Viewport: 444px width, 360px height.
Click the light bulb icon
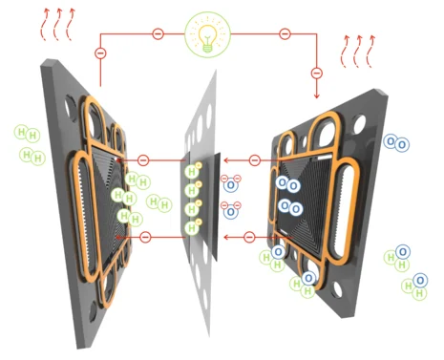tap(207, 35)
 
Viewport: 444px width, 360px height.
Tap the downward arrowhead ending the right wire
tap(316, 95)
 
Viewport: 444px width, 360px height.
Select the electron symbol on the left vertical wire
tap(100, 53)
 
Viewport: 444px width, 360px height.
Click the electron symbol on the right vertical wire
tap(316, 73)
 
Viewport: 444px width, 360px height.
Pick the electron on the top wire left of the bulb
tap(159, 33)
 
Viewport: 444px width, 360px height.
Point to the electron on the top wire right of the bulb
tap(285, 33)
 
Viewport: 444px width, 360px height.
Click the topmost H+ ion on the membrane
tap(193, 171)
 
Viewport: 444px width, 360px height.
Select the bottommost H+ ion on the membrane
tap(193, 227)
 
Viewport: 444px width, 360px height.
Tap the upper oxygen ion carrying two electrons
tap(231, 183)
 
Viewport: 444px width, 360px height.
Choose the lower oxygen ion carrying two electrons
tap(231, 210)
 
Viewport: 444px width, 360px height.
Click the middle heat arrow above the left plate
tap(57, 25)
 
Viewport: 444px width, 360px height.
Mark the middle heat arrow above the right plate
tap(357, 52)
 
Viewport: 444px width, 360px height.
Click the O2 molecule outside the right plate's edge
tap(396, 142)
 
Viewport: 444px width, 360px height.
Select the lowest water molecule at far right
tap(414, 286)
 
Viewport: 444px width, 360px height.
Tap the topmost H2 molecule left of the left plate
tap(27, 134)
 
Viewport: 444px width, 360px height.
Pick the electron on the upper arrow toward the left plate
tap(143, 160)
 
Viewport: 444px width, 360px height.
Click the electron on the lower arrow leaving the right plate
tap(249, 237)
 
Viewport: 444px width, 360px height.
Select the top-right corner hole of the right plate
tap(359, 123)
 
